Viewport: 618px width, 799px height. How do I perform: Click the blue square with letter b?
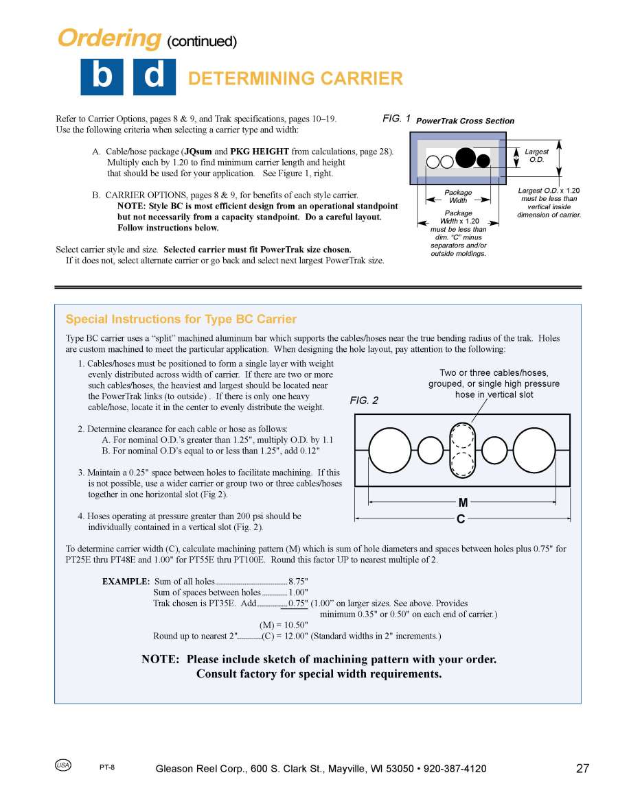coord(102,77)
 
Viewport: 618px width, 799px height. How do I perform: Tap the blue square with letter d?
coord(154,77)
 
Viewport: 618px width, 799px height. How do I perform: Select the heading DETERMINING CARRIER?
coord(295,79)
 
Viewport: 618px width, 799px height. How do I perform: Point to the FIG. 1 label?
coord(396,119)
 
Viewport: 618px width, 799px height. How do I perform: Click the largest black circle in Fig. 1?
coord(466,158)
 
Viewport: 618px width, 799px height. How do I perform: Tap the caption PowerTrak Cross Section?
coord(465,121)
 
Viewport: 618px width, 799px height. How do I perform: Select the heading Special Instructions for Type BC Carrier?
coord(181,319)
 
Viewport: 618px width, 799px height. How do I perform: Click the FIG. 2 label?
coord(364,401)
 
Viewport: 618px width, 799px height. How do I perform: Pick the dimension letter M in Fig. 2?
coord(463,503)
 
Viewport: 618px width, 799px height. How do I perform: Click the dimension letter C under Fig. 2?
coord(461,519)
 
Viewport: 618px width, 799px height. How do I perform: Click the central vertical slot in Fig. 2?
coord(462,450)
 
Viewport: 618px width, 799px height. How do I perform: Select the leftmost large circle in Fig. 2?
coord(390,450)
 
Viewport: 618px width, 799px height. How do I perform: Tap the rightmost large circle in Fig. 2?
coord(534,450)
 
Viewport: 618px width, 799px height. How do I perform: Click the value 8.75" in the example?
coord(299,582)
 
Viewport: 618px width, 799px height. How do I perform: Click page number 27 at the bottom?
coord(582,768)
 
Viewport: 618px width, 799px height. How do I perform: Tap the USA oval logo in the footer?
coord(63,765)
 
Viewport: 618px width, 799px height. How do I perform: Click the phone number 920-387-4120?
coord(455,769)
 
